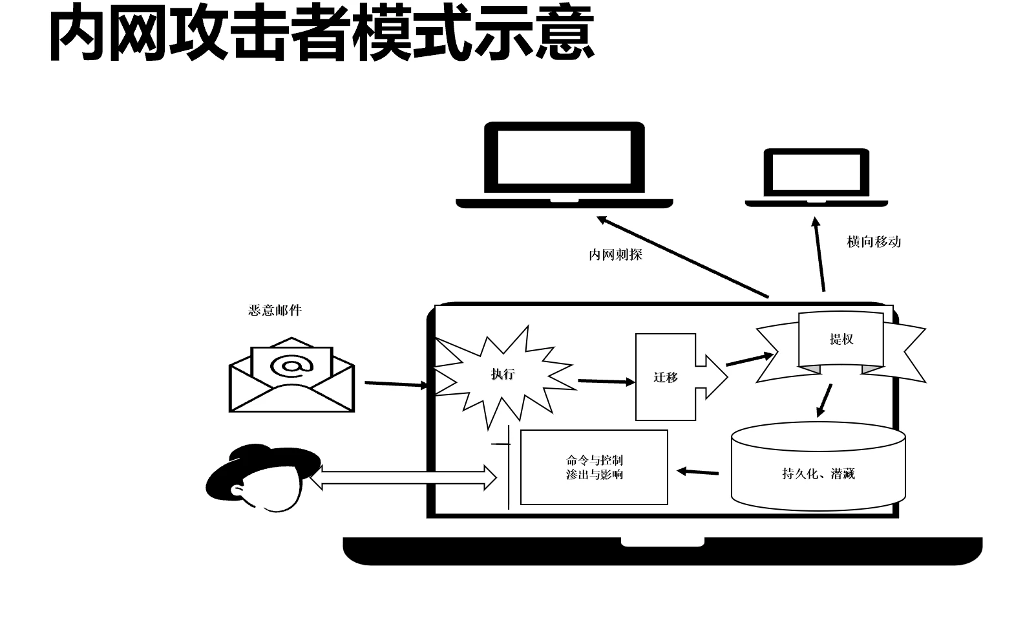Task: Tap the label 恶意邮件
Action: coord(275,310)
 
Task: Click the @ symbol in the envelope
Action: coord(291,366)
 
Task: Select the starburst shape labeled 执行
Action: coord(503,375)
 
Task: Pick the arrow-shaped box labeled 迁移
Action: coord(667,377)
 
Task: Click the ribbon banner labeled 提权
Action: coord(841,340)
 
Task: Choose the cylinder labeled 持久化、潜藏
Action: coord(818,473)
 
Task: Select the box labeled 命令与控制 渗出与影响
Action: coord(594,467)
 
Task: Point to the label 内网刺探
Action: coord(615,255)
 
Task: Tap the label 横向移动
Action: coord(874,242)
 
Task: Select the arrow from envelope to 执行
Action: coord(396,384)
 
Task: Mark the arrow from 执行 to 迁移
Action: coord(606,382)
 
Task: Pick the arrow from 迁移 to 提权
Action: coord(750,359)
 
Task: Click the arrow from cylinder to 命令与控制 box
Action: coord(697,472)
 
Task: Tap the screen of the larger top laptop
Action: coord(564,157)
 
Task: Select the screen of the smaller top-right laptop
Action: coord(816,173)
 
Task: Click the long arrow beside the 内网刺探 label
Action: coord(682,257)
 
